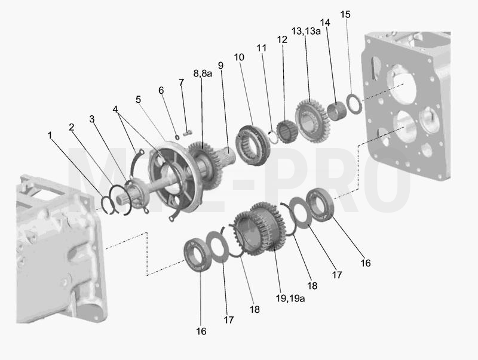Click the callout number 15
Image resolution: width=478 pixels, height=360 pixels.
click(x=345, y=14)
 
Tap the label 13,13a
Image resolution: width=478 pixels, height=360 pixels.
click(x=306, y=31)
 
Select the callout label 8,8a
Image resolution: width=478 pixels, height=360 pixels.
click(x=203, y=73)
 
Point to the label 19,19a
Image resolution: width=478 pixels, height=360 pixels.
click(x=290, y=298)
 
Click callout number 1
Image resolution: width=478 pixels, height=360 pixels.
click(x=50, y=136)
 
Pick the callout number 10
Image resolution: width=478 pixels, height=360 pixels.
click(x=239, y=57)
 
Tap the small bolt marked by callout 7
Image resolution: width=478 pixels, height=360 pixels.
click(x=188, y=133)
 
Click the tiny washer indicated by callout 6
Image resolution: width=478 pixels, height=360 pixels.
click(x=177, y=137)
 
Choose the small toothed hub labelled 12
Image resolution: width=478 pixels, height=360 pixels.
click(x=287, y=131)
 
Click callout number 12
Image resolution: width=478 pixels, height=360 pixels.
click(x=282, y=39)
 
